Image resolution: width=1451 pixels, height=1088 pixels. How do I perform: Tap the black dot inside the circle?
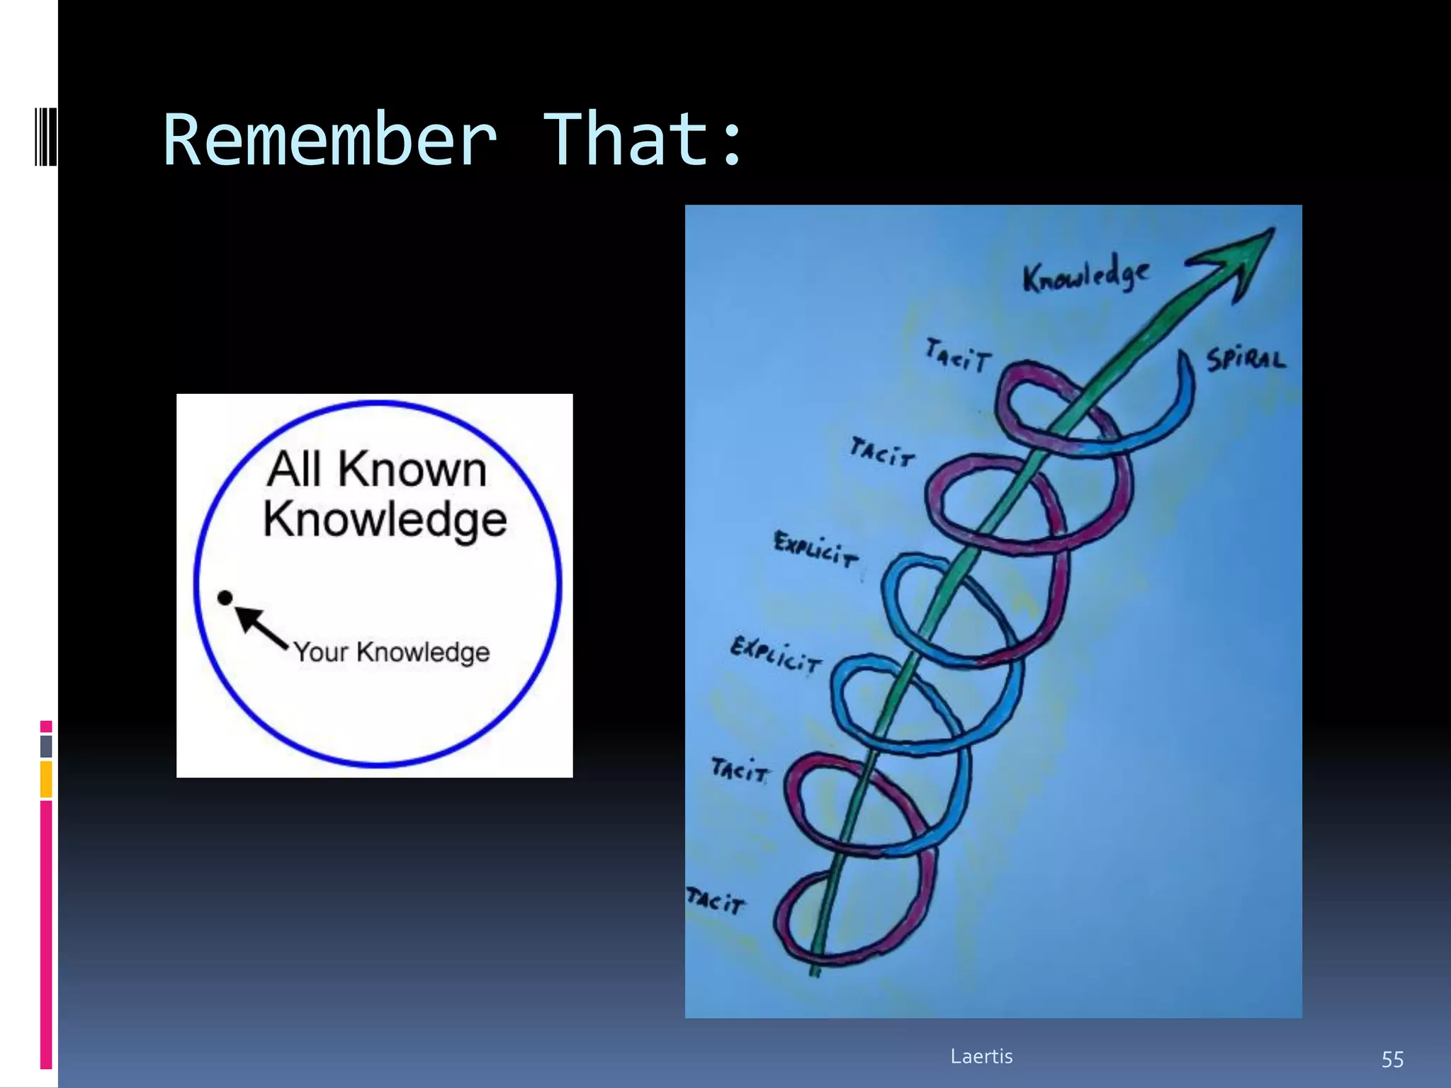pos(225,599)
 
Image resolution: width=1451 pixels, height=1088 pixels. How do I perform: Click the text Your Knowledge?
pos(391,652)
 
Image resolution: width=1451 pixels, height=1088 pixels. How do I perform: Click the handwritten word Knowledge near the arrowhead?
pos(1085,275)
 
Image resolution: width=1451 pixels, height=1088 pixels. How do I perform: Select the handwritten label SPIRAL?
pos(1246,360)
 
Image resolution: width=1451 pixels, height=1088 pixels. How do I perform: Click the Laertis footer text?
pos(981,1056)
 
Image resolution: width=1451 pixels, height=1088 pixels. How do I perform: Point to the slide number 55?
pos(1391,1060)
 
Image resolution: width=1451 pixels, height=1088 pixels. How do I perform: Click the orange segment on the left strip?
pos(46,779)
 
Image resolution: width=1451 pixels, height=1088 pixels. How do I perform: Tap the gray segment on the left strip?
pos(46,746)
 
